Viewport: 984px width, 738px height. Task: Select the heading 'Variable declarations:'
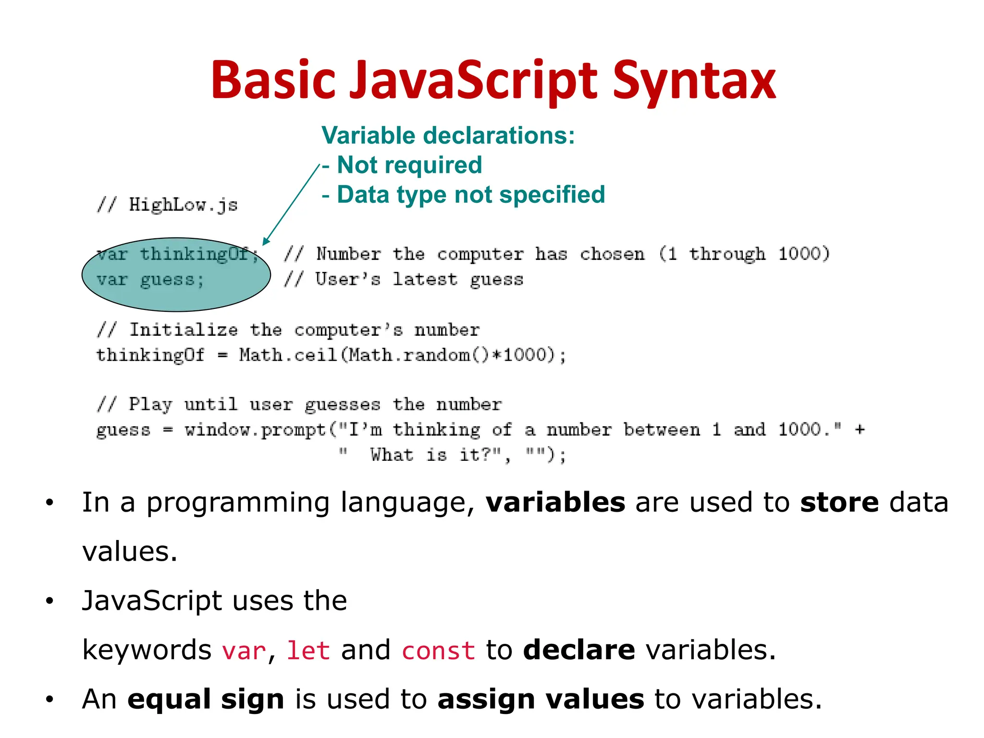pyautogui.click(x=448, y=135)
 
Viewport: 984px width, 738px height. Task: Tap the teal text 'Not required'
pyautogui.click(x=409, y=165)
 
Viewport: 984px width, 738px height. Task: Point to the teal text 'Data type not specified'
pyautogui.click(x=471, y=195)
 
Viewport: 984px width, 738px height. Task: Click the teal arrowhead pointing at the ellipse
pyautogui.click(x=266, y=241)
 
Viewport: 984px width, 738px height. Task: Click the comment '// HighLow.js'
pyautogui.click(x=167, y=205)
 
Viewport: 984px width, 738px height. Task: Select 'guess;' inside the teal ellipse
pyautogui.click(x=172, y=280)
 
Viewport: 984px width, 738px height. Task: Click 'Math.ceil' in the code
pyautogui.click(x=288, y=356)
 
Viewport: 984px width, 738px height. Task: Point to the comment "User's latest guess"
pyautogui.click(x=418, y=280)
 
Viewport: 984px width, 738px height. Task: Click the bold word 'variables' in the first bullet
pyautogui.click(x=555, y=503)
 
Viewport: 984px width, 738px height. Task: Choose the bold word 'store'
pyautogui.click(x=839, y=503)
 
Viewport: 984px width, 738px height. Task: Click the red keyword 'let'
pyautogui.click(x=308, y=651)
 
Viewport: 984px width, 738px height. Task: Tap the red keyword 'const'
pyautogui.click(x=438, y=651)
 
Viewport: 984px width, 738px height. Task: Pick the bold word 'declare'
pyautogui.click(x=579, y=650)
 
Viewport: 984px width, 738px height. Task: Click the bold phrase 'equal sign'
pyautogui.click(x=206, y=699)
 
